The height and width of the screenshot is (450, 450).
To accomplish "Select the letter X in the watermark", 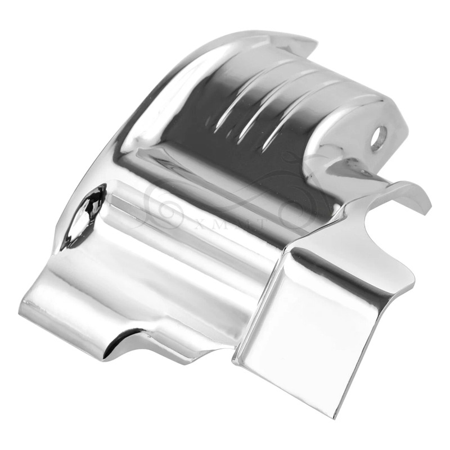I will click(x=198, y=224).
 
